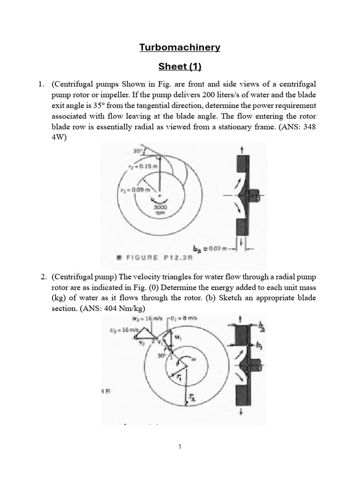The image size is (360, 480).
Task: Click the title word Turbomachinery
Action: [x=180, y=47]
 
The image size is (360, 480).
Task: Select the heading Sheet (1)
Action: [x=180, y=67]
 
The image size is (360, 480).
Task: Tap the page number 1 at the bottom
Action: [x=180, y=447]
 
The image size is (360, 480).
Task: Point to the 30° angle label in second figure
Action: [x=161, y=356]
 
